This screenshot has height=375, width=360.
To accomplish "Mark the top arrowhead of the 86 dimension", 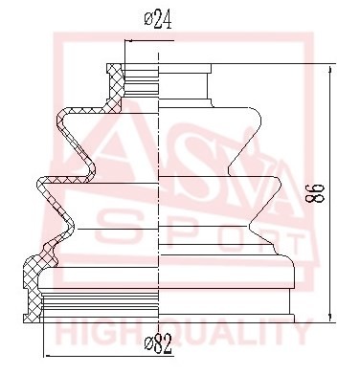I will pyautogui.click(x=331, y=70).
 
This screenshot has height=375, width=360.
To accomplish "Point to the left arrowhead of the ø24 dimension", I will pyautogui.click(x=124, y=40).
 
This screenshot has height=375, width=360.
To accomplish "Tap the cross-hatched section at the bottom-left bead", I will pyautogui.click(x=41, y=267).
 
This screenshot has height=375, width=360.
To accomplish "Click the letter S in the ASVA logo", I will pyautogui.click(x=144, y=158).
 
